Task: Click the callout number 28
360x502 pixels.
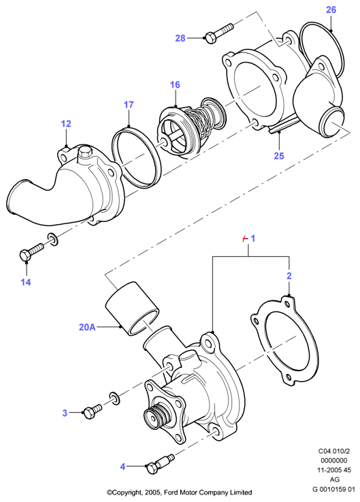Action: [x=180, y=38]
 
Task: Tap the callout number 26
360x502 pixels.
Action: [x=331, y=10]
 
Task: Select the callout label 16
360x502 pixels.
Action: [x=175, y=85]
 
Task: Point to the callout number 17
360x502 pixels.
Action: [x=129, y=105]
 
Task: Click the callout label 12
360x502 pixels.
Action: [x=66, y=124]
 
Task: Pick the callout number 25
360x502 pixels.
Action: [x=279, y=156]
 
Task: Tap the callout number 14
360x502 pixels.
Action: [x=26, y=282]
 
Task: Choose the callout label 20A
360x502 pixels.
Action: [x=87, y=327]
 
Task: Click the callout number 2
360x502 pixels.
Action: [x=289, y=276]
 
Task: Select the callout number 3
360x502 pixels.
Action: [x=65, y=413]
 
